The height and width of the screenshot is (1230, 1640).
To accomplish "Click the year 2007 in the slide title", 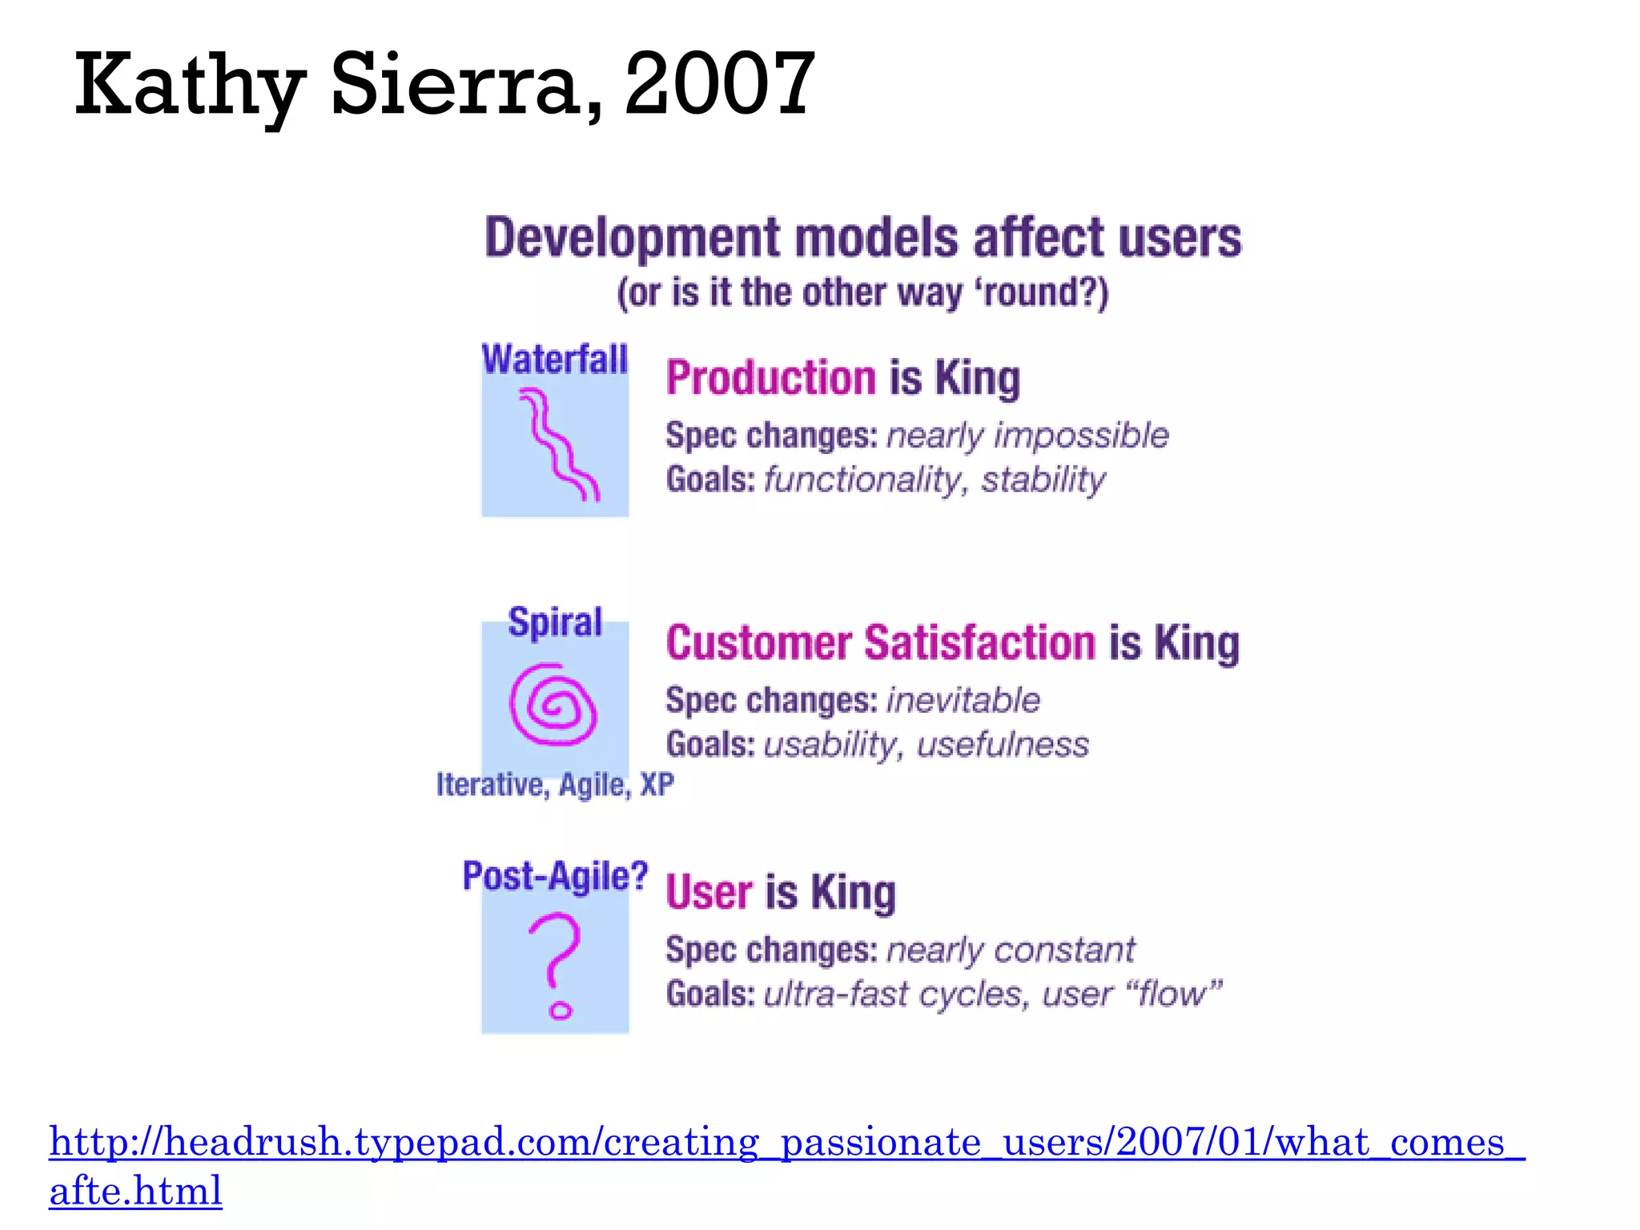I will pyautogui.click(x=719, y=83).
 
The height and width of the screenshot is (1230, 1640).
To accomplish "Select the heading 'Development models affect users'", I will pyautogui.click(x=862, y=238).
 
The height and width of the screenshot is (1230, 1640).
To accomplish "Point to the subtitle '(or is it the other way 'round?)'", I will pyautogui.click(x=862, y=292).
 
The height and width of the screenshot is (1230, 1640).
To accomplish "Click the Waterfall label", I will pyautogui.click(x=554, y=360).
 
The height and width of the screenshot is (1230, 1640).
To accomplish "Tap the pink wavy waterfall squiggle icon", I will pyautogui.click(x=557, y=444).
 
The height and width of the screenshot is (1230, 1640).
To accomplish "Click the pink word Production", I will pyautogui.click(x=770, y=378).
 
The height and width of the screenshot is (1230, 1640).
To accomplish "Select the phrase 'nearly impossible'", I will pyautogui.click(x=1027, y=436).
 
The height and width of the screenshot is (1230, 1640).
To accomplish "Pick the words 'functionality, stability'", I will pyautogui.click(x=935, y=480).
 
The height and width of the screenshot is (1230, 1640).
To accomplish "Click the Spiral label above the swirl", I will pyautogui.click(x=555, y=622).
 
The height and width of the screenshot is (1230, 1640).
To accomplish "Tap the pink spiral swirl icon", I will pyautogui.click(x=553, y=704).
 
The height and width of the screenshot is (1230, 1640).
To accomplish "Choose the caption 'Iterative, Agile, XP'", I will pyautogui.click(x=555, y=785).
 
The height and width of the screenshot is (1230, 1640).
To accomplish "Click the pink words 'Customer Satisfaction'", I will pyautogui.click(x=880, y=643).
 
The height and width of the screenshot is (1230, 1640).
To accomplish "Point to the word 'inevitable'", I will pyautogui.click(x=963, y=701).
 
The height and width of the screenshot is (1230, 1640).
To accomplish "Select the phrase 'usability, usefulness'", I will pyautogui.click(x=927, y=745).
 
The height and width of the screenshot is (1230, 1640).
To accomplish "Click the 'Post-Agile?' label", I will pyautogui.click(x=555, y=876).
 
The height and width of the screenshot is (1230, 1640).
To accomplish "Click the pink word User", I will pyautogui.click(x=709, y=892).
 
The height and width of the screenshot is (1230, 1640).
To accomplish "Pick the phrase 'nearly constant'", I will pyautogui.click(x=1011, y=951).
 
